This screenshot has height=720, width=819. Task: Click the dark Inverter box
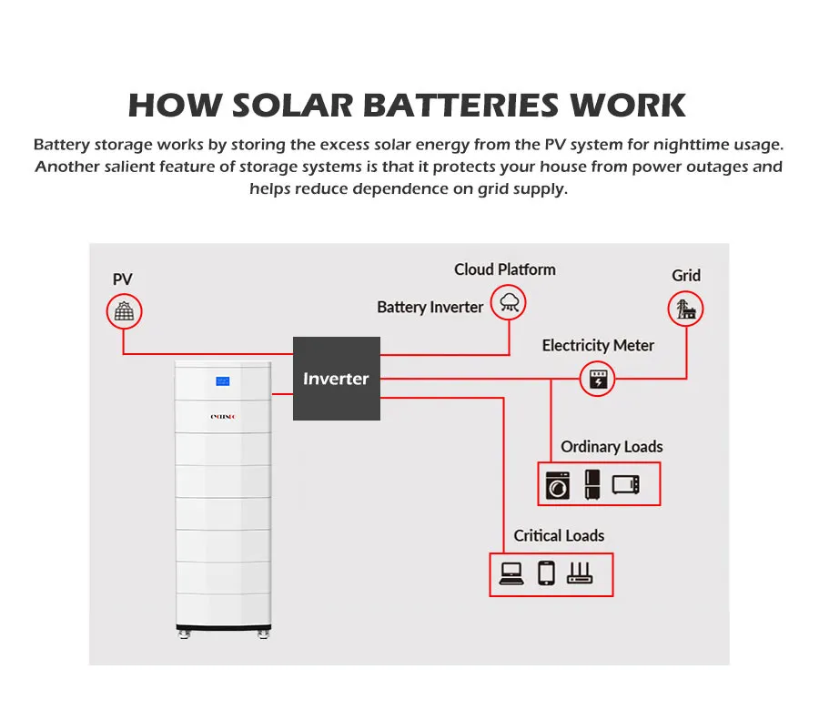click(336, 378)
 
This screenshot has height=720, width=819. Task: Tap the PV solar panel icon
click(124, 312)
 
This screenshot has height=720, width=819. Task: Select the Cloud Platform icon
click(508, 302)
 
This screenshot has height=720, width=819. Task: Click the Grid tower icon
click(685, 309)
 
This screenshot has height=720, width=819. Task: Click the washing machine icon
click(557, 485)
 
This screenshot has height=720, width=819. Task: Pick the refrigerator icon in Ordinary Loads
click(592, 484)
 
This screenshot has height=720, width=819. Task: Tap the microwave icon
click(626, 484)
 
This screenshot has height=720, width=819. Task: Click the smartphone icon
click(546, 573)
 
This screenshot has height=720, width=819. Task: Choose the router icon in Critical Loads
click(580, 573)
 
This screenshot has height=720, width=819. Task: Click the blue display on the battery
click(224, 381)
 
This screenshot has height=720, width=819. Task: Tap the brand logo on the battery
click(224, 417)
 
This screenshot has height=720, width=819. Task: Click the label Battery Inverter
click(430, 307)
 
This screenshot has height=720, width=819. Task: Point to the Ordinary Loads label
click(612, 447)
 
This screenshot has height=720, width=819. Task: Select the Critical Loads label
click(559, 535)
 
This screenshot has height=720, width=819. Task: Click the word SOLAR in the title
click(293, 106)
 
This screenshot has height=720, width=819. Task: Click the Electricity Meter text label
click(598, 345)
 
